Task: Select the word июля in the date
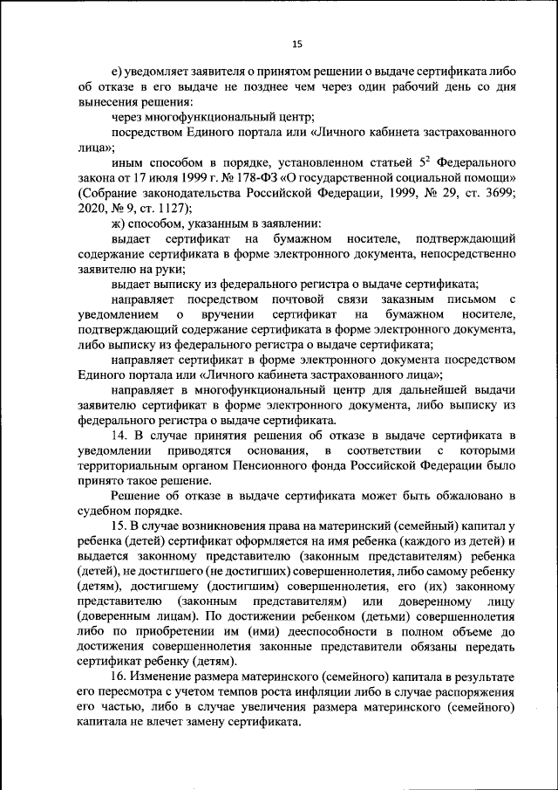click(x=148, y=177)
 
